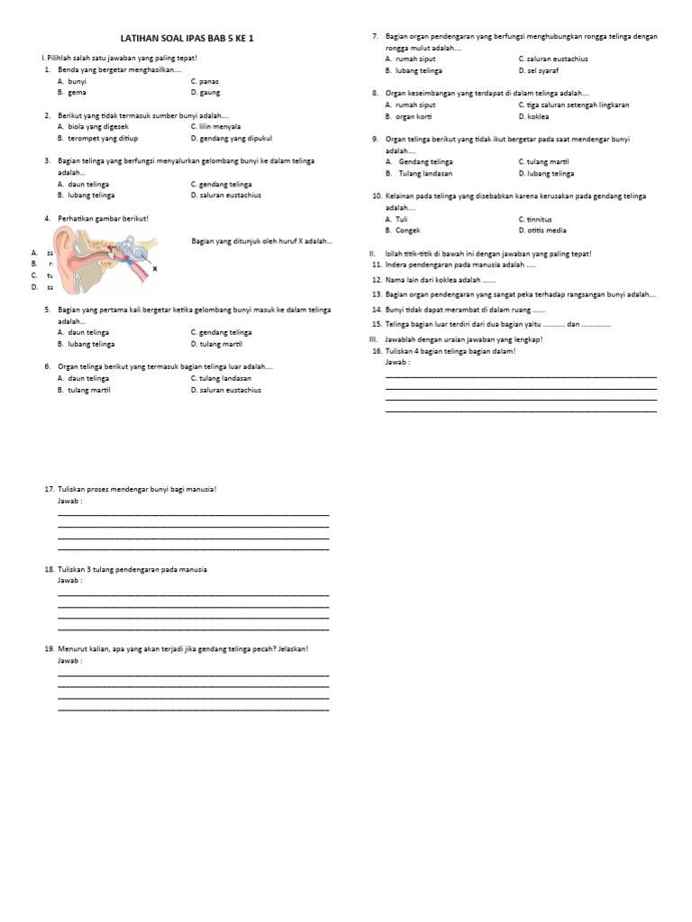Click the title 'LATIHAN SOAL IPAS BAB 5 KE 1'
195,40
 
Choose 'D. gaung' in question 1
205,92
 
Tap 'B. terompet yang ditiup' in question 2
97,139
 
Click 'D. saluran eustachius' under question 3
225,195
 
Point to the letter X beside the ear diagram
154,268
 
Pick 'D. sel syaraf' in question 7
540,69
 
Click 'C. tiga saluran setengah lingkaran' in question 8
571,104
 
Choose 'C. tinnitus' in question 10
535,219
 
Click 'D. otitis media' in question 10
542,230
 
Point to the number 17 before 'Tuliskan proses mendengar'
49,489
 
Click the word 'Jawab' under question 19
68,660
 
